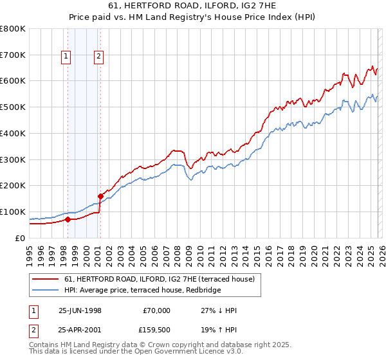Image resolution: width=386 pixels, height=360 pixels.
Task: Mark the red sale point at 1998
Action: coord(68,219)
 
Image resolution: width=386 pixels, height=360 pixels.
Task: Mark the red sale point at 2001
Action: coord(100,196)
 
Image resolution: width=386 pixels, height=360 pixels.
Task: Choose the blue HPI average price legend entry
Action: coord(142,291)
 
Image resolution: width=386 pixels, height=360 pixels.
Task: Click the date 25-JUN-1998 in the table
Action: coord(80,310)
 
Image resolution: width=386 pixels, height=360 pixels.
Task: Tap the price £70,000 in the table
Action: coord(156,310)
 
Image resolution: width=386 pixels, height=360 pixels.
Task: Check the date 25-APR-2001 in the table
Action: coord(80,332)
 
